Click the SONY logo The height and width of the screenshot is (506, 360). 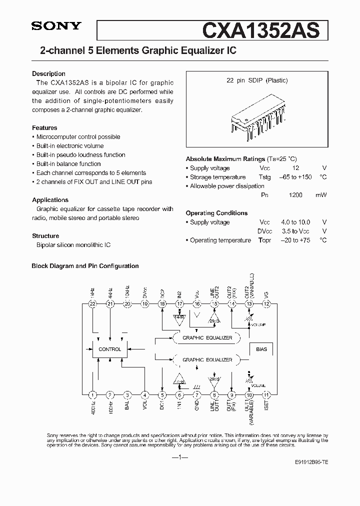pyautogui.click(x=56, y=26)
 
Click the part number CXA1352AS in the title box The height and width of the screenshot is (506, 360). pyautogui.click(x=260, y=30)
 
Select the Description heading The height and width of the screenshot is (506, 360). pyautogui.click(x=48, y=73)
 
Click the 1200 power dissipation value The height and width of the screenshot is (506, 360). pyautogui.click(x=295, y=195)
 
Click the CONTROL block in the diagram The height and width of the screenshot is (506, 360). pyautogui.click(x=110, y=349)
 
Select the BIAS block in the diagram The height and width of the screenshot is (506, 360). pyautogui.click(x=261, y=349)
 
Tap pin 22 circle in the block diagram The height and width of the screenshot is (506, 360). pyautogui.click(x=92, y=303)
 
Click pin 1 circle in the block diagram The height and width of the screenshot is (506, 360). pyautogui.click(x=92, y=394)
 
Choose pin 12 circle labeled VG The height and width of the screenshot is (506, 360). pyautogui.click(x=266, y=303)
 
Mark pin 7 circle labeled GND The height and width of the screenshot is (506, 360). pyautogui.click(x=197, y=394)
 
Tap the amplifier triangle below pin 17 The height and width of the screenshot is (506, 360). pyautogui.click(x=179, y=316)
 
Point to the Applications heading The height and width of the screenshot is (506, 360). pyautogui.click(x=50, y=199)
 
